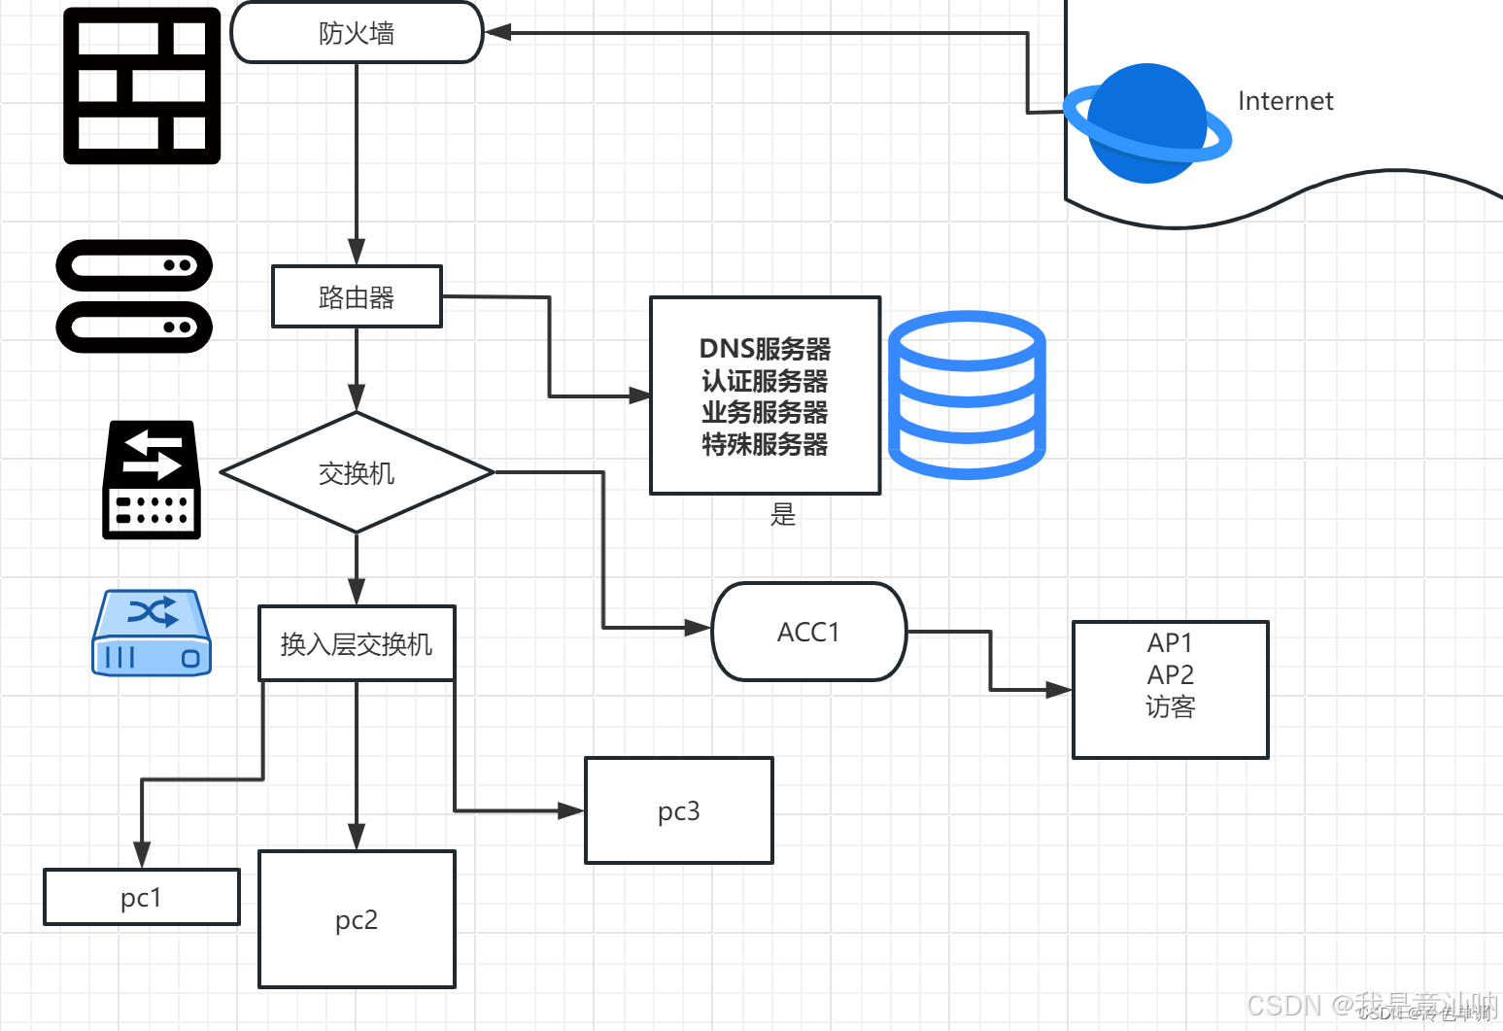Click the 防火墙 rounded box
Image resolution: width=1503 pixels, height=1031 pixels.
(357, 33)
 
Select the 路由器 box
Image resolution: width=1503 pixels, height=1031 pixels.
(357, 296)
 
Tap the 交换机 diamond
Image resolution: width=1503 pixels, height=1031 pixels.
(357, 472)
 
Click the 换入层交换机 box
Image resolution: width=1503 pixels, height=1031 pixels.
(357, 643)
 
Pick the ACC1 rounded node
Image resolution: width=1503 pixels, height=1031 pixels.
(808, 632)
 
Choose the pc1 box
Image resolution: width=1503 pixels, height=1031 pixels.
(142, 897)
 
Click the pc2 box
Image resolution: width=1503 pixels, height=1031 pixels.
(357, 919)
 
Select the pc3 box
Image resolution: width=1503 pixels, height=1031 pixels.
(678, 810)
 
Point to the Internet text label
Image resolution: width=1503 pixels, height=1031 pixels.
(1284, 101)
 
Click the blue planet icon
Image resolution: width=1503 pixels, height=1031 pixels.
(1146, 123)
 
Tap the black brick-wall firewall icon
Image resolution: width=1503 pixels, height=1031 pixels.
(142, 86)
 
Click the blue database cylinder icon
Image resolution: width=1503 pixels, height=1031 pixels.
(967, 395)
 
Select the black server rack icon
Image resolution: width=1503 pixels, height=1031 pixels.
(134, 296)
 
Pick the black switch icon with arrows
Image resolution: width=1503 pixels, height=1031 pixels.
(152, 480)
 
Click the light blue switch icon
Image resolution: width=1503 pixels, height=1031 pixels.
(152, 633)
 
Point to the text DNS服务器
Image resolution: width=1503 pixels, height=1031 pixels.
(765, 348)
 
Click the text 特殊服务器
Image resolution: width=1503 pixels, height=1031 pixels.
(765, 444)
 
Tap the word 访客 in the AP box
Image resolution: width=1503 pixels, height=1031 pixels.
(1170, 706)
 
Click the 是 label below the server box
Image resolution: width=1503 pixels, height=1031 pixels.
(783, 514)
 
